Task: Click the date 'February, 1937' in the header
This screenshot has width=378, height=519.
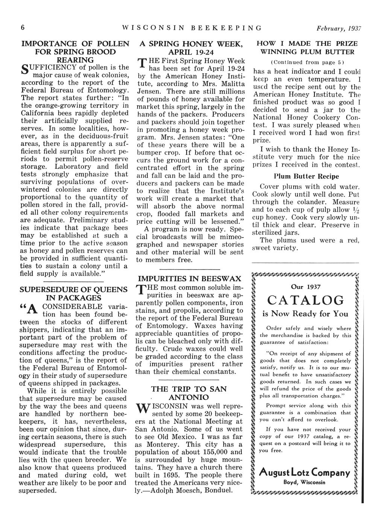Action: [x=339, y=28]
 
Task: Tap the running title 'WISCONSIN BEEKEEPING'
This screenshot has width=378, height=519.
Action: [x=191, y=28]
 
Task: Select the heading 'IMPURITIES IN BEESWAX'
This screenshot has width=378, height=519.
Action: [x=190, y=279]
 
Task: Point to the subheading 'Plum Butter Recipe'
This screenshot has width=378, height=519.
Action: [x=306, y=176]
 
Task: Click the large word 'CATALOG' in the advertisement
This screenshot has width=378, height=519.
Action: [x=306, y=300]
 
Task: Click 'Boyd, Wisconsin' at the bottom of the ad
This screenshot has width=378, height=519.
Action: [x=305, y=483]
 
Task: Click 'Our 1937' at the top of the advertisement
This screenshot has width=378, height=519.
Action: [x=306, y=287]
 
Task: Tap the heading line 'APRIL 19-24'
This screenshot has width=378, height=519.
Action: [x=190, y=52]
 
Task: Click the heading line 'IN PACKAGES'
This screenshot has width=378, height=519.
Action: [x=73, y=298]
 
